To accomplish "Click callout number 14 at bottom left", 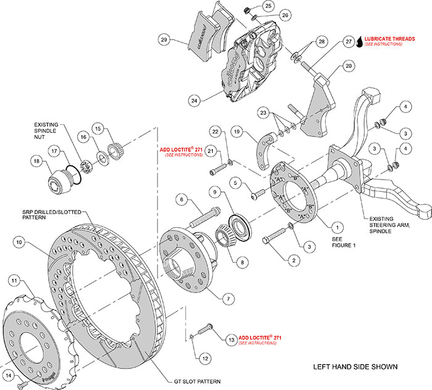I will tap(9, 375).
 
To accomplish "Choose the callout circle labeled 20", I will tap(349, 66).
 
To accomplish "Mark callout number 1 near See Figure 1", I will tap(320, 226).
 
